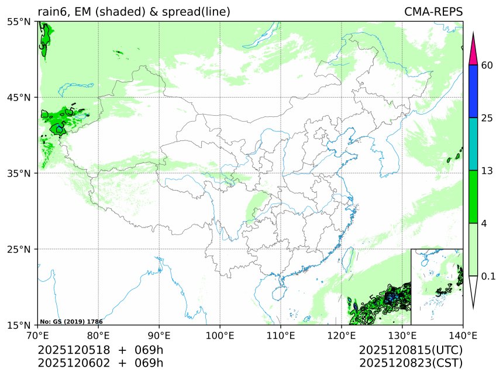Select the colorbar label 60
[x=486, y=65]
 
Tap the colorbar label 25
[x=486, y=118]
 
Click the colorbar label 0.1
[x=488, y=275]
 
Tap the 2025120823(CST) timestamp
[x=411, y=363]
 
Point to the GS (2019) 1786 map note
[x=71, y=322]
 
